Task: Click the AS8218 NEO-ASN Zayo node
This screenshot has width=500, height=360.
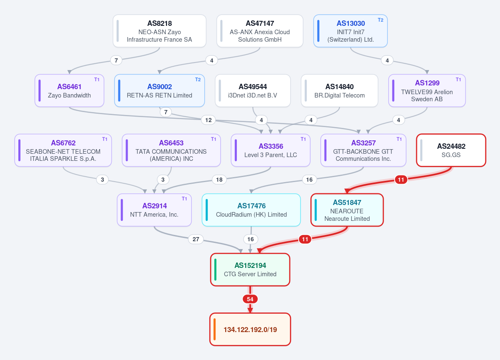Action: (159, 31)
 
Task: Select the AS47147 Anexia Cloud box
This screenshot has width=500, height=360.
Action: (259, 31)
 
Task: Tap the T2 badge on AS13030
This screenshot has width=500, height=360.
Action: (380, 20)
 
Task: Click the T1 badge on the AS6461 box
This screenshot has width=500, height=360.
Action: (97, 80)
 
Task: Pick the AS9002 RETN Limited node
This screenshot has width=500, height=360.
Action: (159, 90)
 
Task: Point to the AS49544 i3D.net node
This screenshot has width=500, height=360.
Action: (253, 90)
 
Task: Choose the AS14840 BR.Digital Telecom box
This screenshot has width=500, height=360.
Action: (339, 90)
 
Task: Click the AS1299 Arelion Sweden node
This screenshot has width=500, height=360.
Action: (427, 90)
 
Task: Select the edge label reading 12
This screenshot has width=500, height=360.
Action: (208, 120)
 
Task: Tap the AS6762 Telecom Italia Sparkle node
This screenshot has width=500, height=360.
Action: (63, 150)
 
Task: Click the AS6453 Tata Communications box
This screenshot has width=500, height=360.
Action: (171, 150)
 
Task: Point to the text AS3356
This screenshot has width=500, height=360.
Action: (271, 146)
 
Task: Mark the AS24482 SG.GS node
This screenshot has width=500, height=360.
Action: (451, 150)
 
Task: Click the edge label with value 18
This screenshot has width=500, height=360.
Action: (219, 180)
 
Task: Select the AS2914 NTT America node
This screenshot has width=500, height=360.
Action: (154, 210)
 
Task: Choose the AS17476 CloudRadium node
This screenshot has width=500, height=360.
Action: (251, 210)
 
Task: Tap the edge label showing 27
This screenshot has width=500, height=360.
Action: (196, 239)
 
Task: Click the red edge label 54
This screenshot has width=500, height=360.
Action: (250, 299)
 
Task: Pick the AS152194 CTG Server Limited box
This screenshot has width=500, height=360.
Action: (250, 270)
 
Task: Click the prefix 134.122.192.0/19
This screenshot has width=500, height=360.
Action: (250, 330)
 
